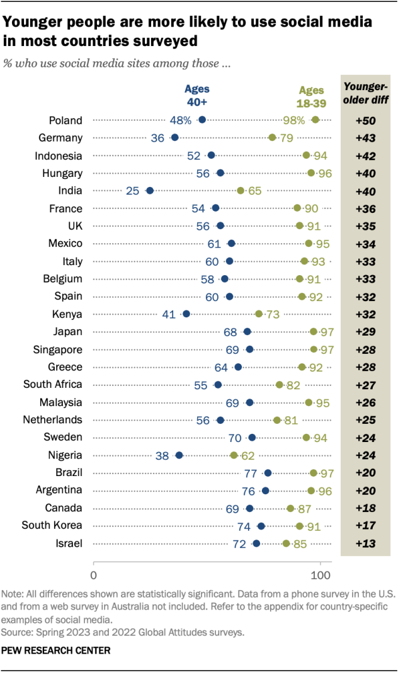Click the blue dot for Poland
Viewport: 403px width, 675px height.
click(202, 120)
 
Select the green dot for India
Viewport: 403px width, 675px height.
click(241, 190)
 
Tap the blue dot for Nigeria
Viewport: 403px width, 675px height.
click(179, 455)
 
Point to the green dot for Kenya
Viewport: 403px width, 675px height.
click(259, 314)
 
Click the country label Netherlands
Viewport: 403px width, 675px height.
click(52, 419)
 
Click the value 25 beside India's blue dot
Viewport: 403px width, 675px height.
click(132, 190)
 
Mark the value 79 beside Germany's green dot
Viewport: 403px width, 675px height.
click(287, 137)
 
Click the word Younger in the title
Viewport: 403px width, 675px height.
click(31, 23)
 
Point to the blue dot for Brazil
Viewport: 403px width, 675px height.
click(268, 472)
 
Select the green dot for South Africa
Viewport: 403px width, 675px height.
click(280, 384)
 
